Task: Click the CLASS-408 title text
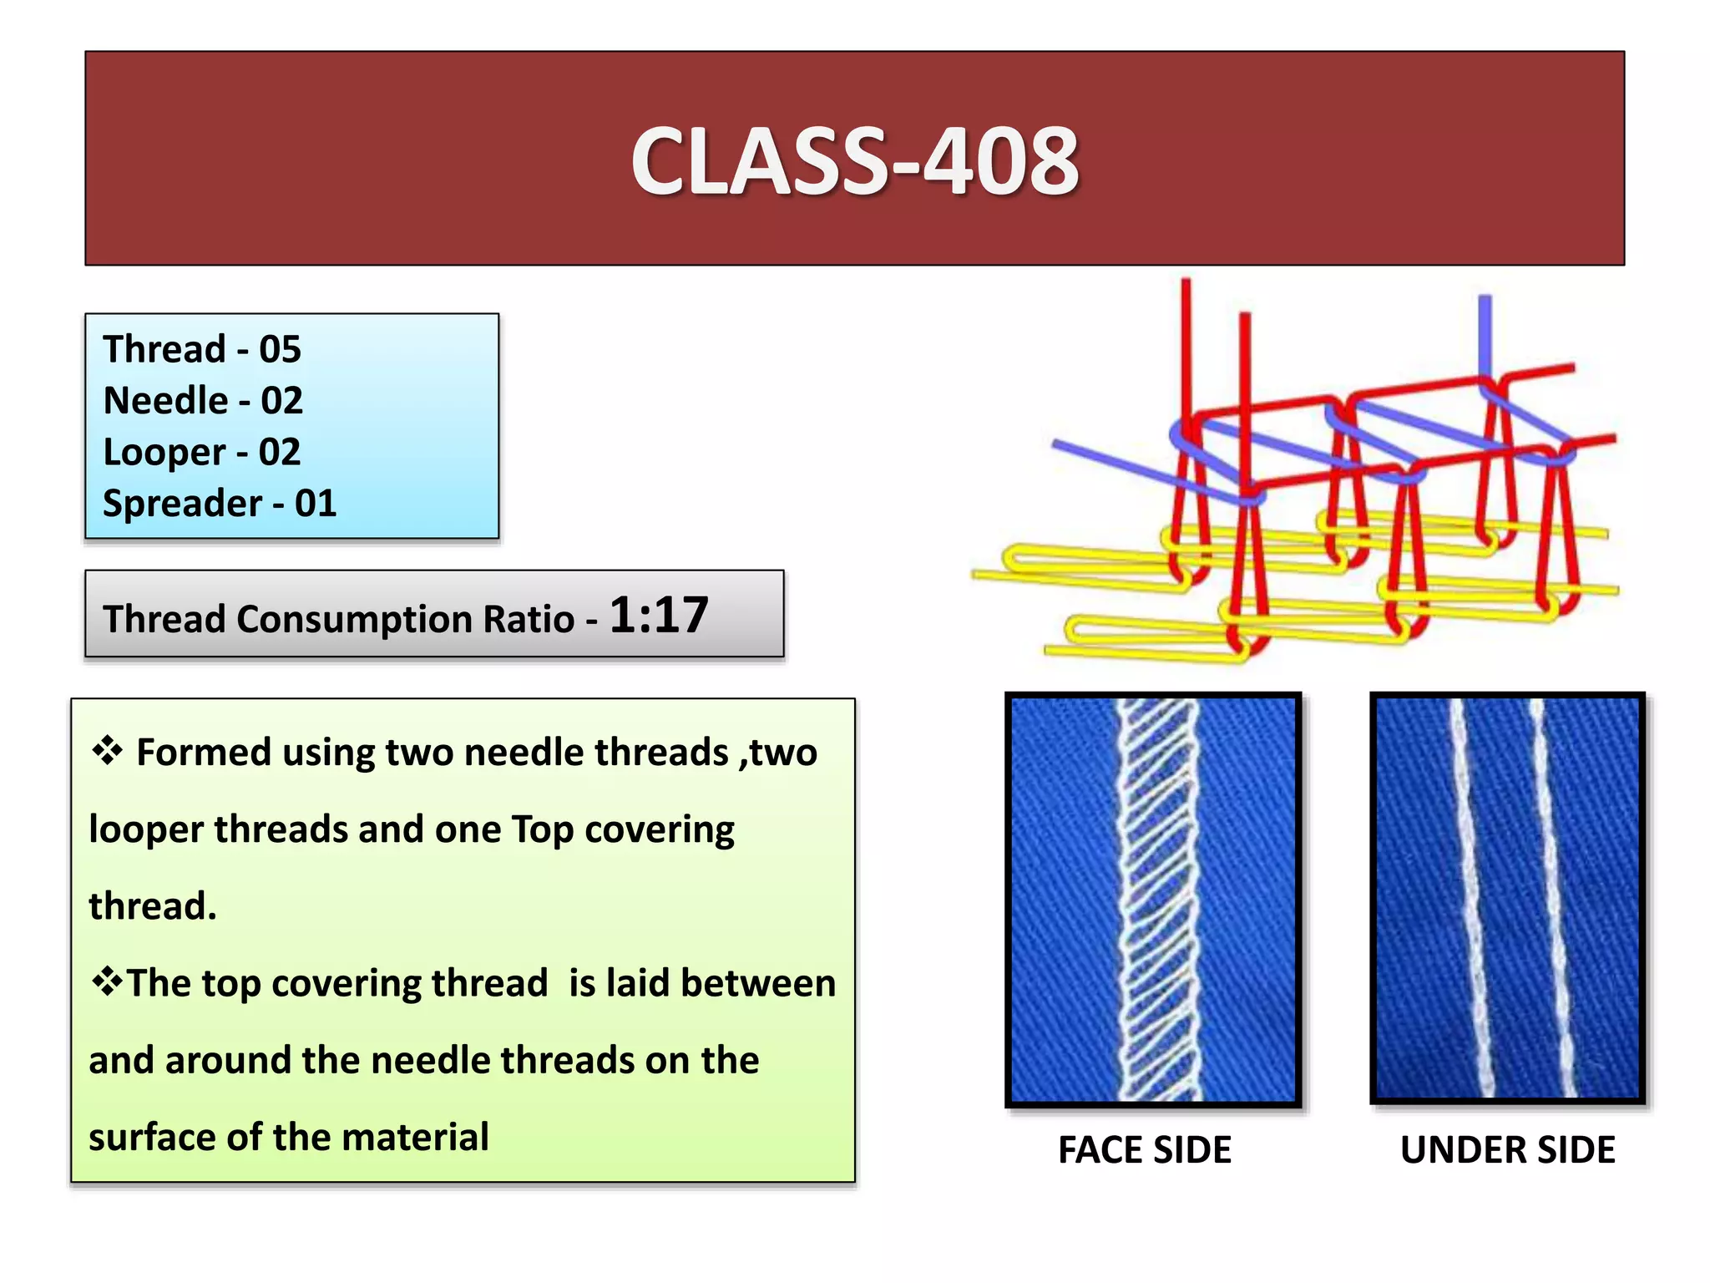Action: click(x=854, y=161)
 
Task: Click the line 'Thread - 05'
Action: click(x=201, y=349)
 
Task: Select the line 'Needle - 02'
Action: click(x=202, y=401)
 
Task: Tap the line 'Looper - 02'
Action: click(x=201, y=452)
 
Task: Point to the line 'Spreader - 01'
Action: click(x=219, y=504)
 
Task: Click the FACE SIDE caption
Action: click(x=1144, y=1150)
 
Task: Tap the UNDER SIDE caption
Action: click(x=1507, y=1150)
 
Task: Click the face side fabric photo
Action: click(x=1153, y=899)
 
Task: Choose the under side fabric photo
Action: click(x=1507, y=897)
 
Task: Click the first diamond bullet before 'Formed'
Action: click(x=108, y=750)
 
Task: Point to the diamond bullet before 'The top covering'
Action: click(x=106, y=981)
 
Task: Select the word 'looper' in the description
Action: click(x=145, y=829)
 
